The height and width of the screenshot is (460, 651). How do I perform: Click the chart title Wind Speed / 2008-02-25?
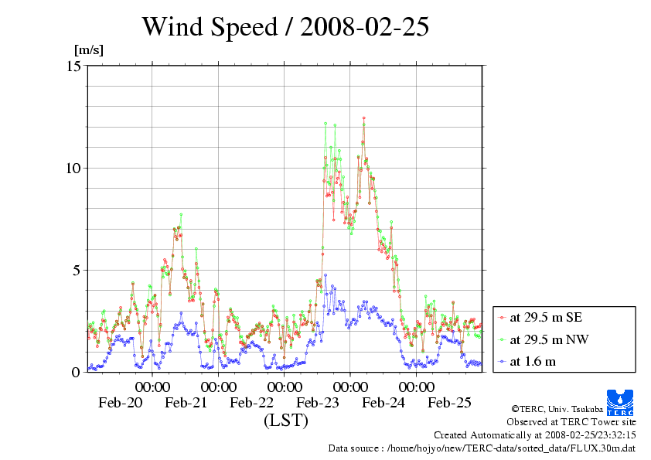[285, 27]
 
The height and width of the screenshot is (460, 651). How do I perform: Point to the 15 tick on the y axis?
[74, 66]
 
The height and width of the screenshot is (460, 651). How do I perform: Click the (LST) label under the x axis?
[285, 421]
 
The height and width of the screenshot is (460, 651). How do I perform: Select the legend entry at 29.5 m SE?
[541, 317]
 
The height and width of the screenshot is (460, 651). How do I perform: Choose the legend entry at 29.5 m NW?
[542, 339]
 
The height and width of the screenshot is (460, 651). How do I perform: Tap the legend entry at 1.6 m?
[533, 361]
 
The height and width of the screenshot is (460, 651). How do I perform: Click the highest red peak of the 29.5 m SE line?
[363, 118]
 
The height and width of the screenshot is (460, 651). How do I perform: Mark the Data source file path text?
[482, 448]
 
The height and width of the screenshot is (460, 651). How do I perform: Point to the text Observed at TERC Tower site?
[571, 422]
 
